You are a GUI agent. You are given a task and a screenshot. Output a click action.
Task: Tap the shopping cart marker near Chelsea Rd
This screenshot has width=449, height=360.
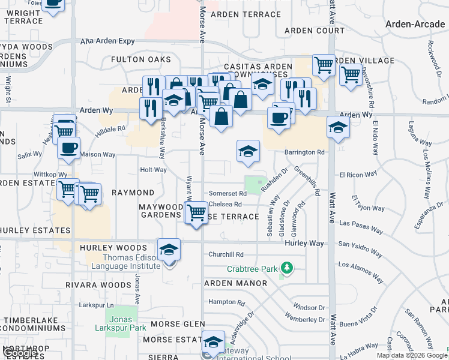coord(197,212)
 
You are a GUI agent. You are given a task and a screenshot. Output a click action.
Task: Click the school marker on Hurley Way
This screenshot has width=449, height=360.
coord(169,250)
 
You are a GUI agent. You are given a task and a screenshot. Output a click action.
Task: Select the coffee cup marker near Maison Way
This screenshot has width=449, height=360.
coord(69,148)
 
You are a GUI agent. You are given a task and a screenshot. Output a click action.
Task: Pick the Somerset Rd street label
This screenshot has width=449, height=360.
coord(228,193)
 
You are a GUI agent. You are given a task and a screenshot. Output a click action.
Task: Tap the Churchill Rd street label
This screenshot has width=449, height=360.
coord(226,254)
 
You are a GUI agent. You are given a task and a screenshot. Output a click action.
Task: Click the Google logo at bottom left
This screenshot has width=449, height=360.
coord(19,353)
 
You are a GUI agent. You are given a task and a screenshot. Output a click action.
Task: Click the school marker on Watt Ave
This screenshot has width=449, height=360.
coord(338,128)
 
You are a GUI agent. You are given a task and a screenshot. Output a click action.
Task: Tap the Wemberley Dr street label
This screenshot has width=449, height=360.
coord(305,316)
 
